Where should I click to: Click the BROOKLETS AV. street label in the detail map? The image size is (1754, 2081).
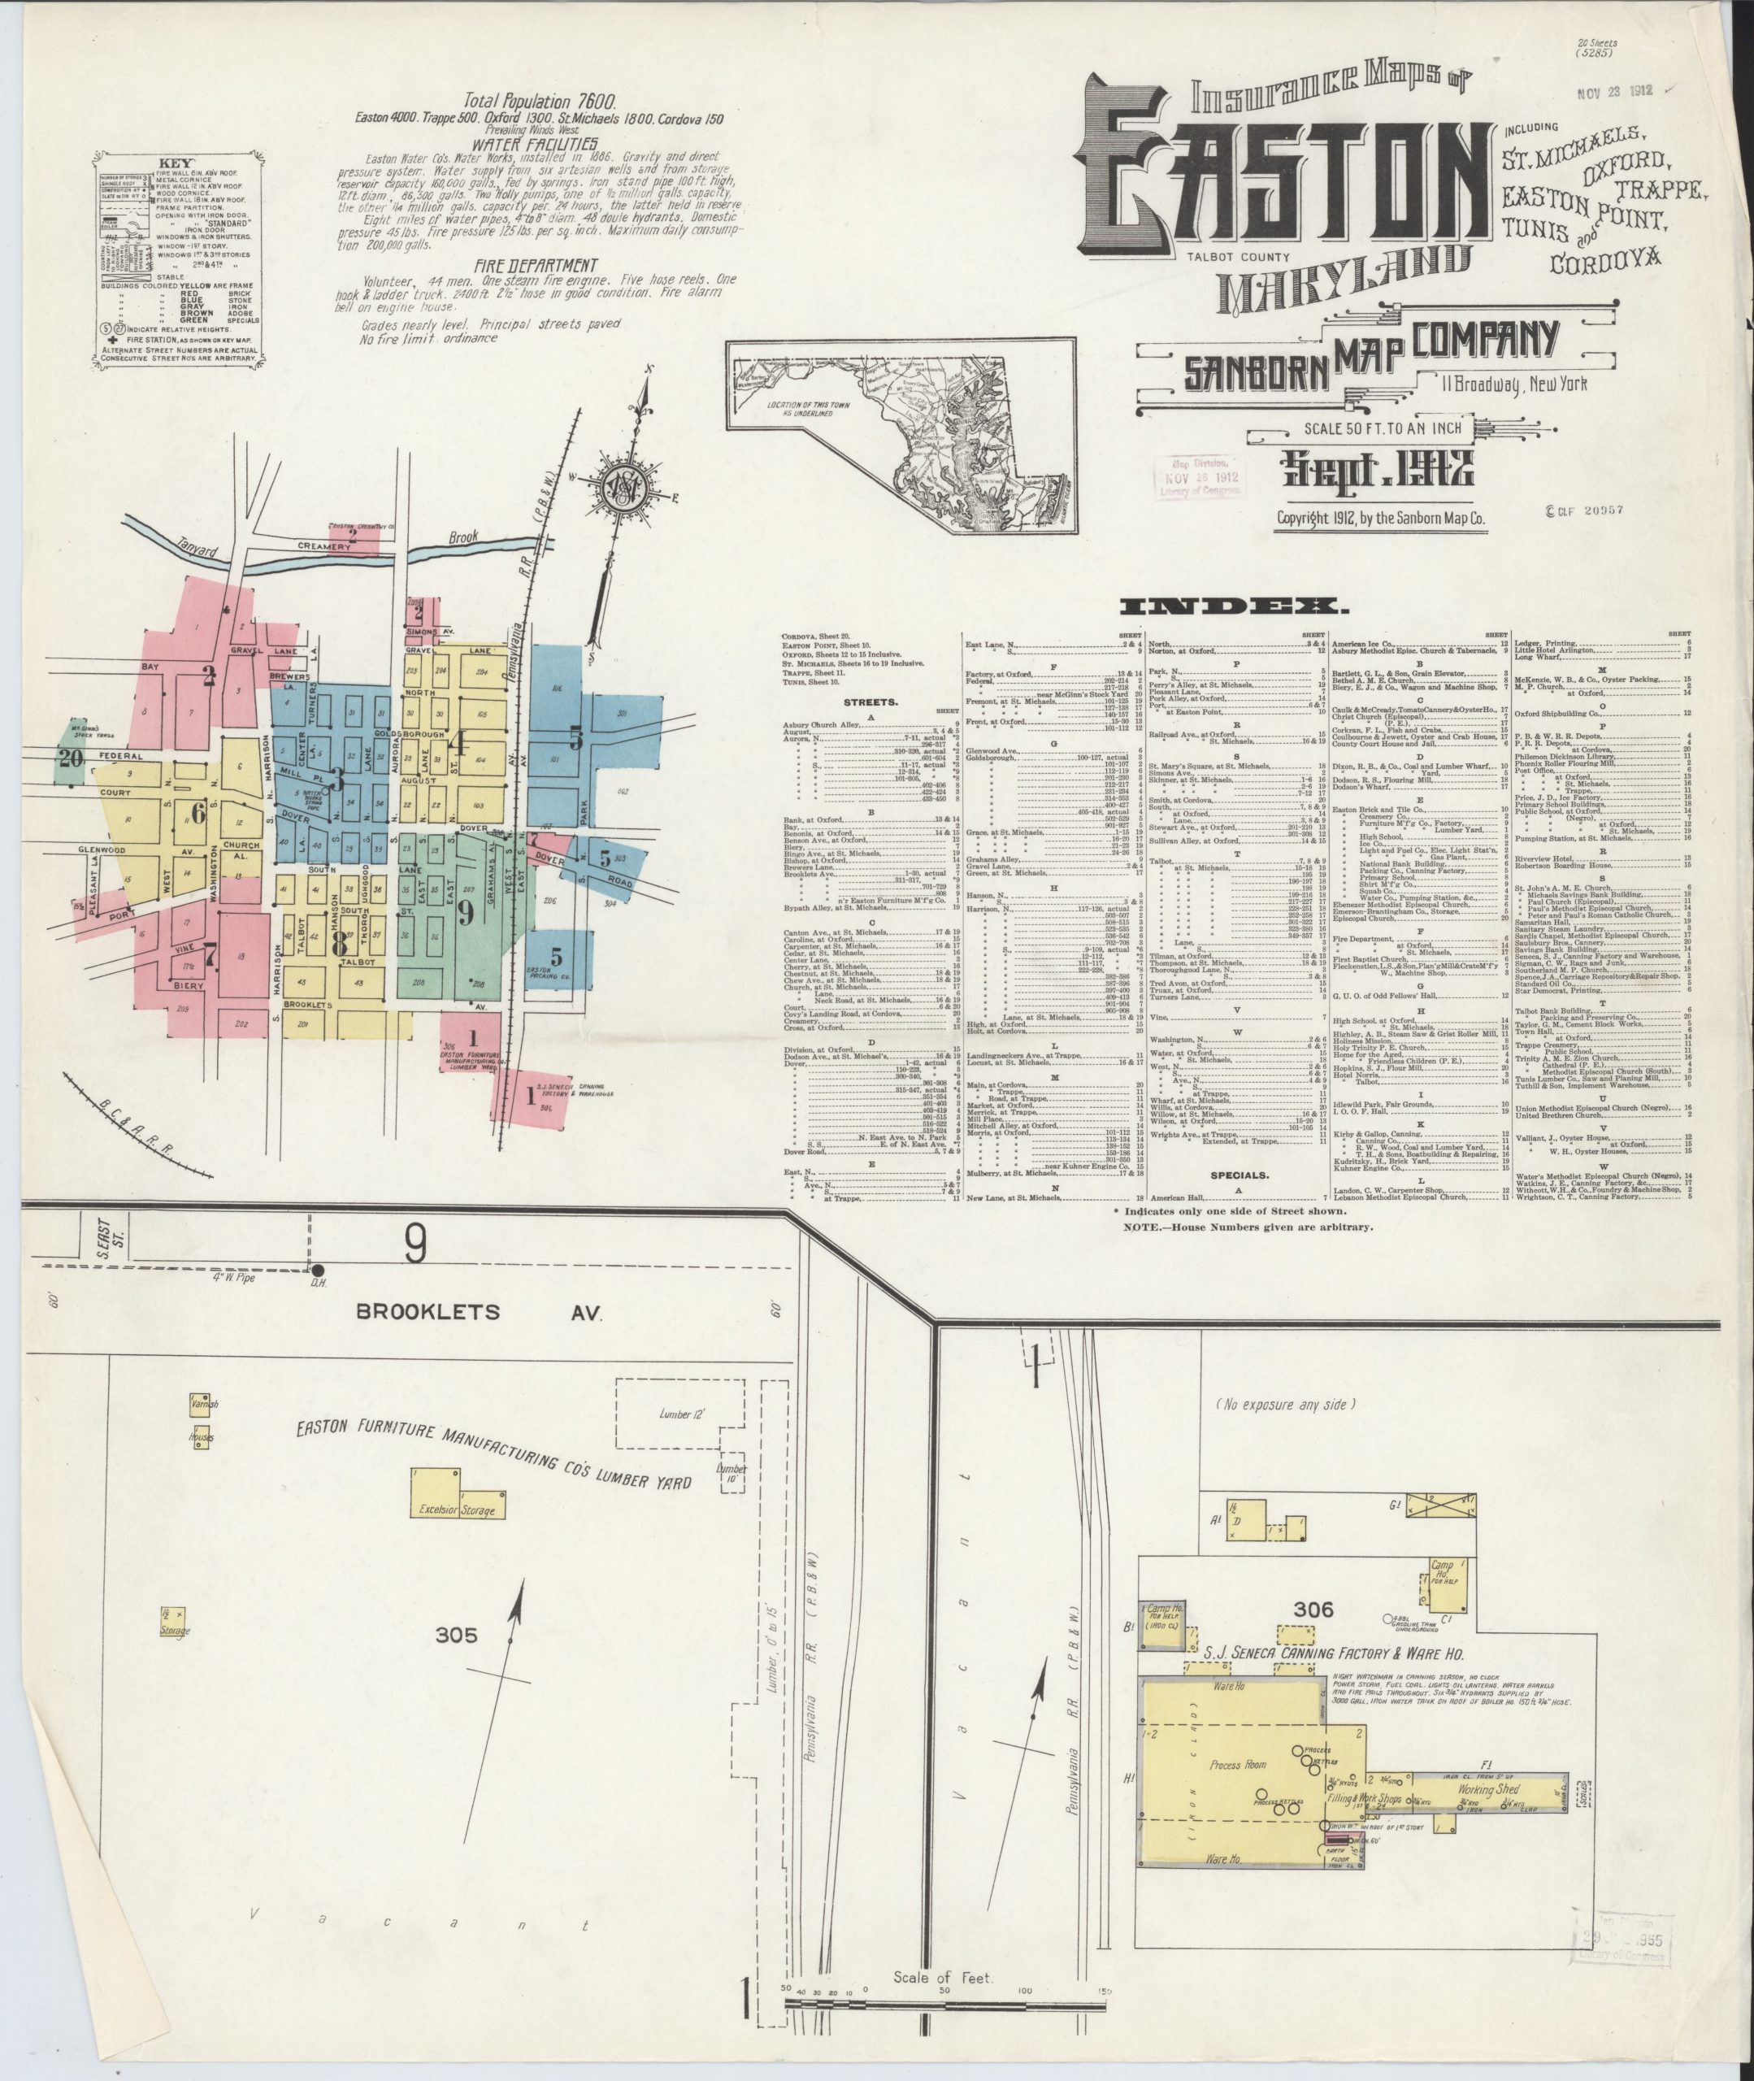480,1313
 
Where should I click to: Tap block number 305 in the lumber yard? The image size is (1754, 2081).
457,1635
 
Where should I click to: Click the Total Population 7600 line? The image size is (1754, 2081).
540,102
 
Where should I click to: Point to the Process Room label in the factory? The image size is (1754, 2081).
1238,1765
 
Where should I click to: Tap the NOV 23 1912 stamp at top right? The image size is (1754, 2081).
1614,90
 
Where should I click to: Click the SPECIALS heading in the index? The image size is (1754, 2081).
1238,1175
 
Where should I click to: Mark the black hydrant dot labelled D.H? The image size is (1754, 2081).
318,1271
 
